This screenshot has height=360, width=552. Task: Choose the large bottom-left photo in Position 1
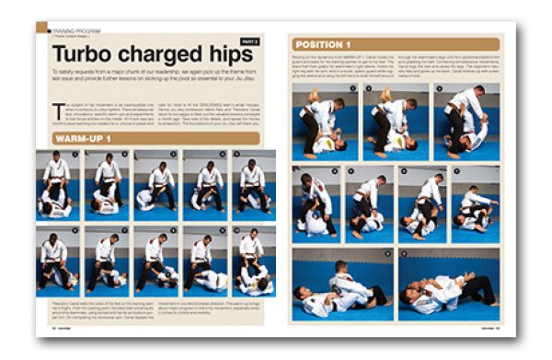341,284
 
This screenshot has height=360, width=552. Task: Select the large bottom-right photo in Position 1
448,284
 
